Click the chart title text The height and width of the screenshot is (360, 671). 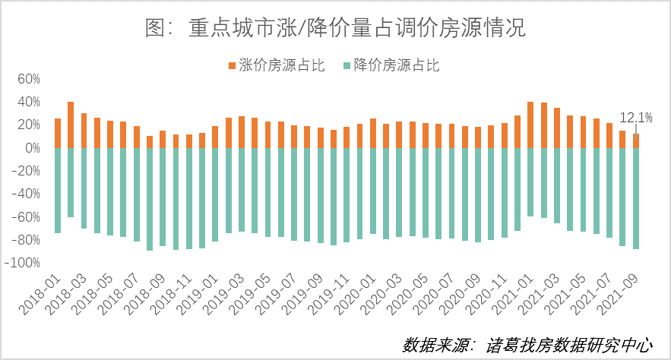click(335, 28)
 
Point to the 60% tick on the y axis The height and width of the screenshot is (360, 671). click(27, 78)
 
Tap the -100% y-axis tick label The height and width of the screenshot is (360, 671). click(22, 262)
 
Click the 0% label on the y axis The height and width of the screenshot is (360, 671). click(31, 147)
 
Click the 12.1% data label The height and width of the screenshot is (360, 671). click(636, 118)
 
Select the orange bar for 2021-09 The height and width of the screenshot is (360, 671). click(636, 141)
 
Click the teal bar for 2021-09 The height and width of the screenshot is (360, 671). click(636, 198)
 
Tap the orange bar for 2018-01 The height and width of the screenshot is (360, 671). click(58, 133)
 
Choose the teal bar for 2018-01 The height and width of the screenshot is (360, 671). click(58, 191)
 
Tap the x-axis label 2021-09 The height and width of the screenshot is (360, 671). click(622, 292)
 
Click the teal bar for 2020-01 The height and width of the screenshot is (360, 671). click(373, 191)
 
